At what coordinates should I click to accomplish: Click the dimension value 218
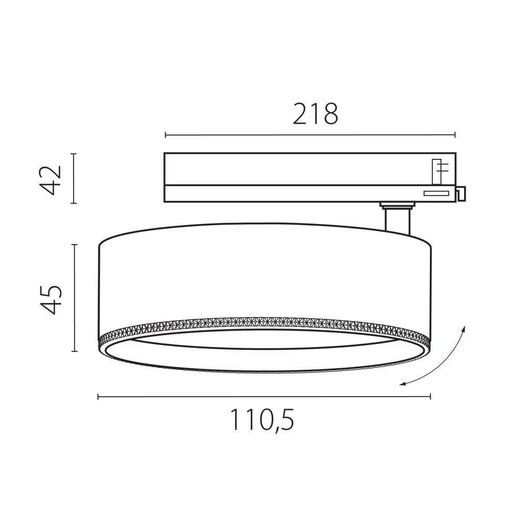point(315,114)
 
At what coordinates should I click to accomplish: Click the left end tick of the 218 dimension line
point(165,135)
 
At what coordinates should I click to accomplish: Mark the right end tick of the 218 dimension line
point(455,135)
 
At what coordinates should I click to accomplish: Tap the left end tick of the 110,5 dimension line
point(98,397)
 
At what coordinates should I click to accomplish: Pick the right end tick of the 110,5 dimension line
point(430,397)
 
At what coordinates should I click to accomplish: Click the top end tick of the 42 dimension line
point(74,154)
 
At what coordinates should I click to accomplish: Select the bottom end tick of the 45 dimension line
point(74,351)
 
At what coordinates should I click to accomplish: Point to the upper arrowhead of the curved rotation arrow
point(464,328)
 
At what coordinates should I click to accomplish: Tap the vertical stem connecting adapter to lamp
point(397,220)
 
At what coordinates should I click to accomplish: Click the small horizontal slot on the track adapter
point(437,193)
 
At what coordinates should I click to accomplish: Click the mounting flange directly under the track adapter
point(397,205)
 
